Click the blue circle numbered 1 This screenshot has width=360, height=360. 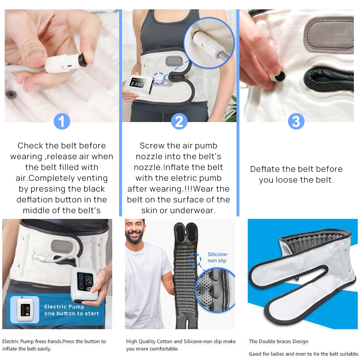62,121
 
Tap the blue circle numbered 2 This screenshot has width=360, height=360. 179,121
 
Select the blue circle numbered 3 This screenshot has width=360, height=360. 296,121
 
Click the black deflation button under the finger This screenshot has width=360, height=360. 280,76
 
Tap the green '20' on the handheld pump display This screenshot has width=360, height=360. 89,279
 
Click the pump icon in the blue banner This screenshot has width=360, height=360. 25,309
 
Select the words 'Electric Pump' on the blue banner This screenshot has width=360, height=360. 64,307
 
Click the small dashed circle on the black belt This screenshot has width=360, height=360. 195,260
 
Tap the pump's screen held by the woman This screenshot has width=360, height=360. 138,82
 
